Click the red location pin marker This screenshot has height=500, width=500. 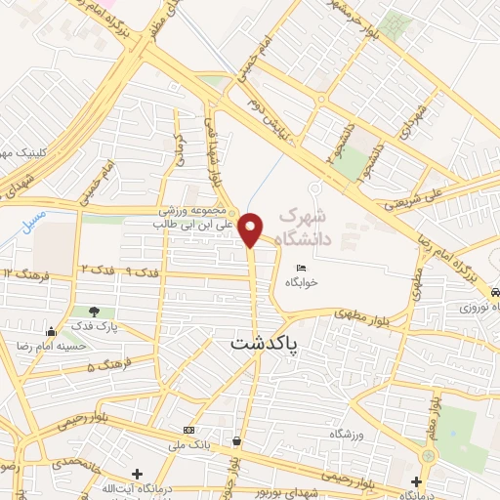251,229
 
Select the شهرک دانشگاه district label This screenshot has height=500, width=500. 304,227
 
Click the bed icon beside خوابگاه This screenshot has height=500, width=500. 303,269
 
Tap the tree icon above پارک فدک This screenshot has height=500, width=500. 94,312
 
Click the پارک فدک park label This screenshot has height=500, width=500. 94,327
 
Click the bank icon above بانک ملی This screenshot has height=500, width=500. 187,431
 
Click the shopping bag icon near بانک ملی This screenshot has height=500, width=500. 236,440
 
